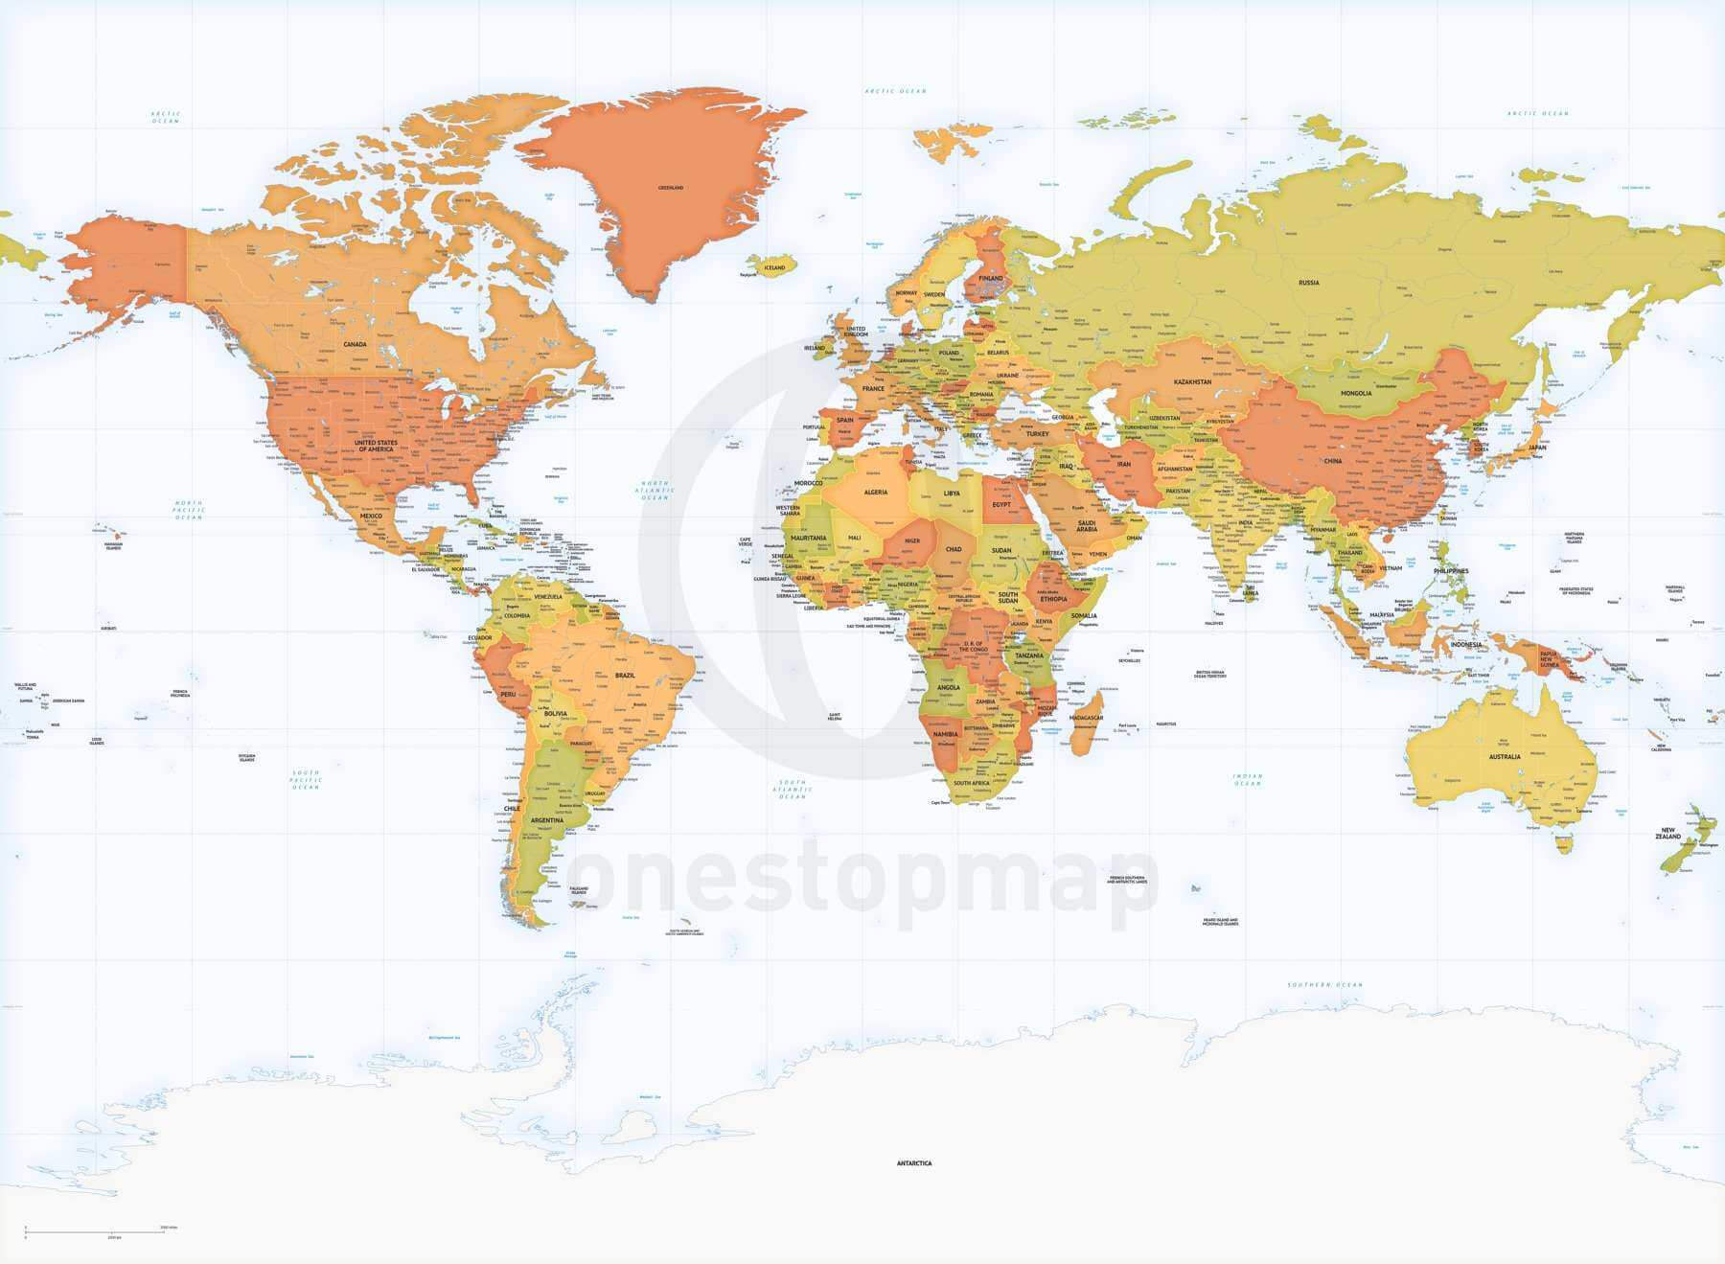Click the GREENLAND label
[671, 188]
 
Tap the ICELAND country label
[773, 267]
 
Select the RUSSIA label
[1308, 283]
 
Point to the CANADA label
[355, 344]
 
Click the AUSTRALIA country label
[1505, 757]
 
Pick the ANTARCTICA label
[913, 1163]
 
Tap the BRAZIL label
[625, 676]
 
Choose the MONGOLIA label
[1356, 393]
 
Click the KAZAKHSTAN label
[1193, 381]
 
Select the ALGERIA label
[876, 493]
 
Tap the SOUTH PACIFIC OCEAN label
[306, 779]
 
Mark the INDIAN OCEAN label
[1248, 780]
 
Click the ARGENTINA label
[547, 820]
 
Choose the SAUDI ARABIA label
[1086, 525]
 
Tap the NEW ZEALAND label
[1668, 833]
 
